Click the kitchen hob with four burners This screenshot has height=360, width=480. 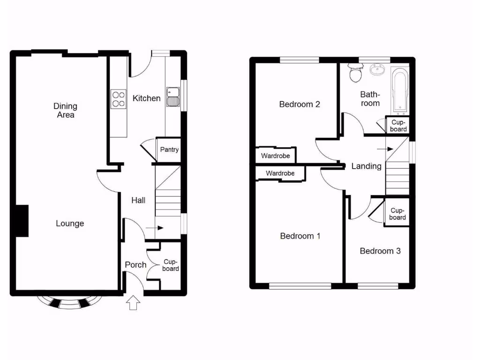point(118,99)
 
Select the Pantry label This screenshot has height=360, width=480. point(169,150)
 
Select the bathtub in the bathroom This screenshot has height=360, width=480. point(400,91)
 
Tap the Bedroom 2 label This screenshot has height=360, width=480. point(300,104)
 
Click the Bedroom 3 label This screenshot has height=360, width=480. point(380,251)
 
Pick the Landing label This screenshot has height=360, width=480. point(366,166)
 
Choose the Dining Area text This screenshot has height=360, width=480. point(65,111)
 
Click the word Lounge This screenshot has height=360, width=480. point(70,224)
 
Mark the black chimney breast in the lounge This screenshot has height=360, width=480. point(22,221)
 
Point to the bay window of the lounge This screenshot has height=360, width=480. point(69,301)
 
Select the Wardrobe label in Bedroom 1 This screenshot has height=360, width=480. point(280,173)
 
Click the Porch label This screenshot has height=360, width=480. point(135,265)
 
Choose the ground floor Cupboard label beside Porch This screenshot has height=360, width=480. point(170,265)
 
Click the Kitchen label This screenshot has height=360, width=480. point(146,98)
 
